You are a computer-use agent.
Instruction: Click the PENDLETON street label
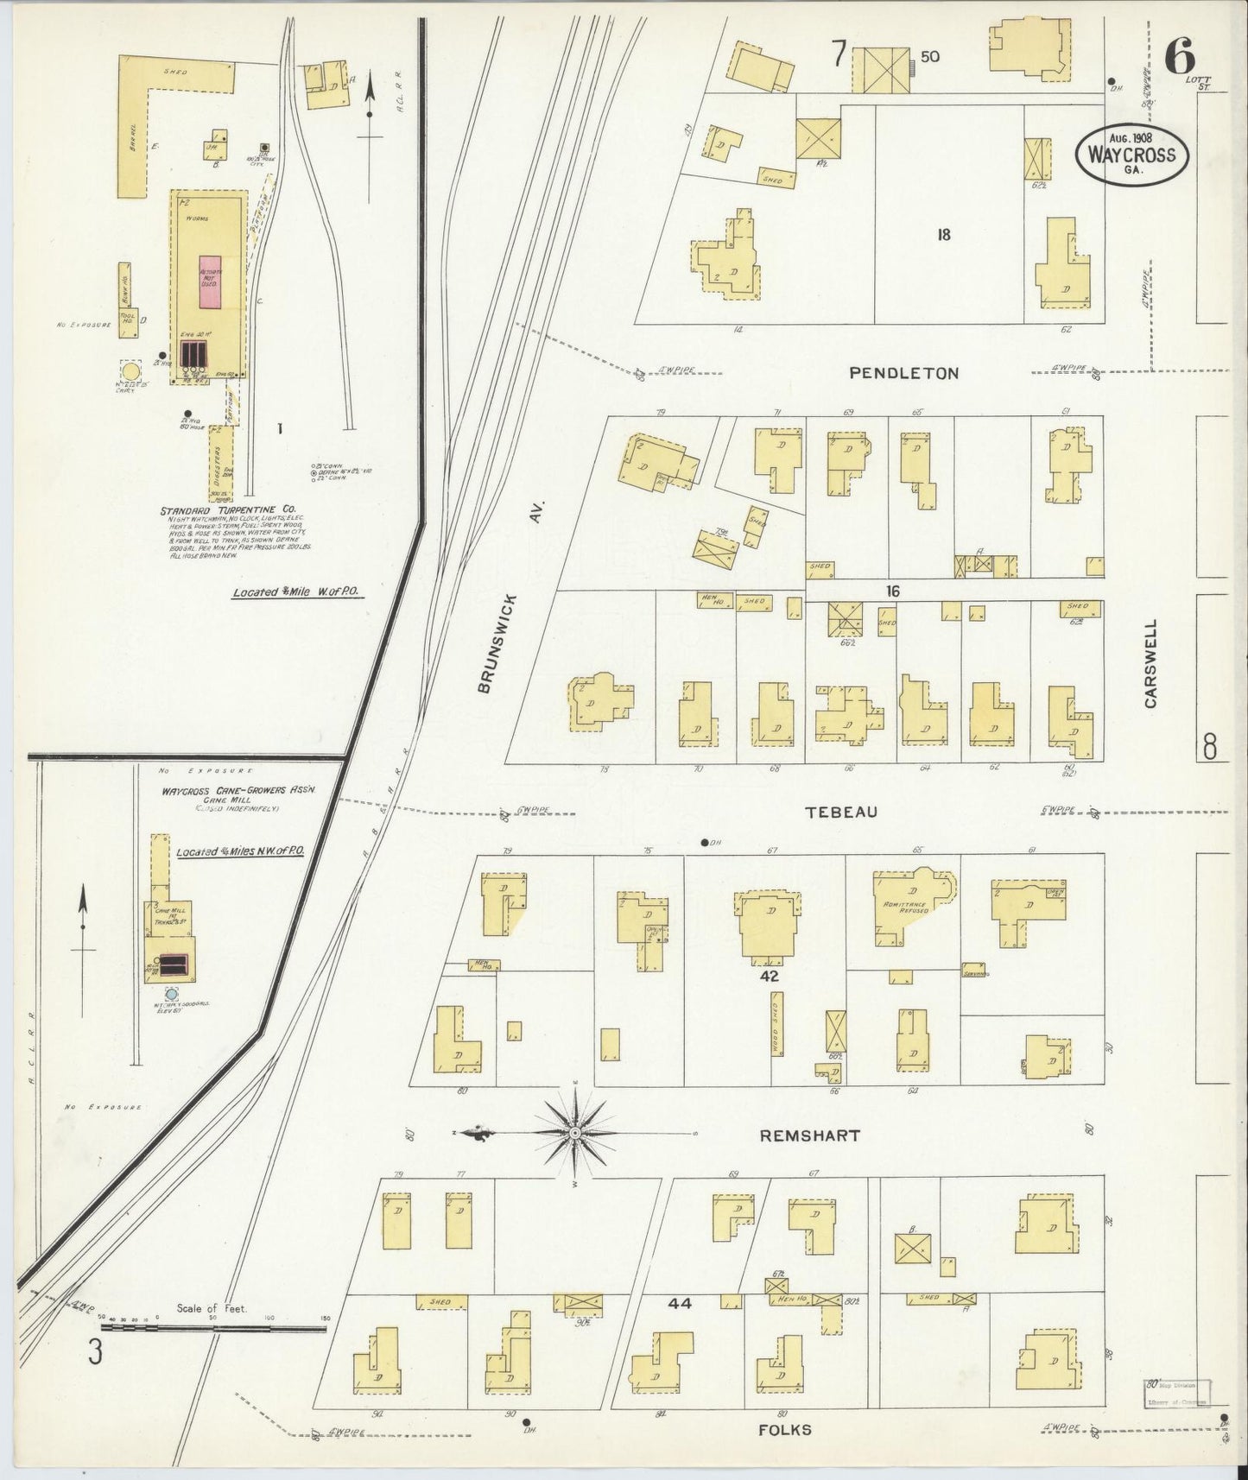click(x=903, y=373)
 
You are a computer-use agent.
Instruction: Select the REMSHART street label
click(x=809, y=1135)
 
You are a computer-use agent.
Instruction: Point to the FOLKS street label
click(x=784, y=1430)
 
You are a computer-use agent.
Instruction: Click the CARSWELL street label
click(x=1150, y=664)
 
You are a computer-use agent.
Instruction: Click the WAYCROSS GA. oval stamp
click(x=1131, y=157)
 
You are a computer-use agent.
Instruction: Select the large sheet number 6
click(x=1179, y=60)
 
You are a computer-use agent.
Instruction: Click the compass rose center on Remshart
click(x=574, y=1132)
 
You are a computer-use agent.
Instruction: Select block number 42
click(x=769, y=977)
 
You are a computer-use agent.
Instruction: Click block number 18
click(x=943, y=234)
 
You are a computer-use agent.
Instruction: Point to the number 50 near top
click(x=929, y=57)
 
